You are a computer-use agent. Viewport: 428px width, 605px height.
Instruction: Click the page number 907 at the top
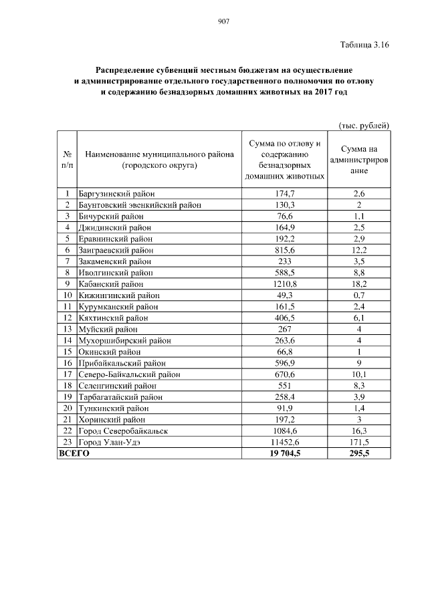tap(224, 21)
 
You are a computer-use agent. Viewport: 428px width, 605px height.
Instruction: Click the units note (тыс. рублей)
tap(364, 125)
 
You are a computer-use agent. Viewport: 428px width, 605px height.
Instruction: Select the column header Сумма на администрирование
tap(359, 160)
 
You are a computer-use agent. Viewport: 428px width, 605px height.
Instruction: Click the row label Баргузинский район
tap(113, 193)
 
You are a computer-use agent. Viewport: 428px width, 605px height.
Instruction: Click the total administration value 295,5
tap(359, 453)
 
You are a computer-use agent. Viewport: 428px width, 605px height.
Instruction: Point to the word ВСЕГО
tap(75, 453)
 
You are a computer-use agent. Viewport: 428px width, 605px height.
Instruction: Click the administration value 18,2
tap(359, 283)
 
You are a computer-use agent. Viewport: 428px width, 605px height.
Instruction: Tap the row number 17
tap(68, 374)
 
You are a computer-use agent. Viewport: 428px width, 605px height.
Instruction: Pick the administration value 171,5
tap(359, 441)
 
